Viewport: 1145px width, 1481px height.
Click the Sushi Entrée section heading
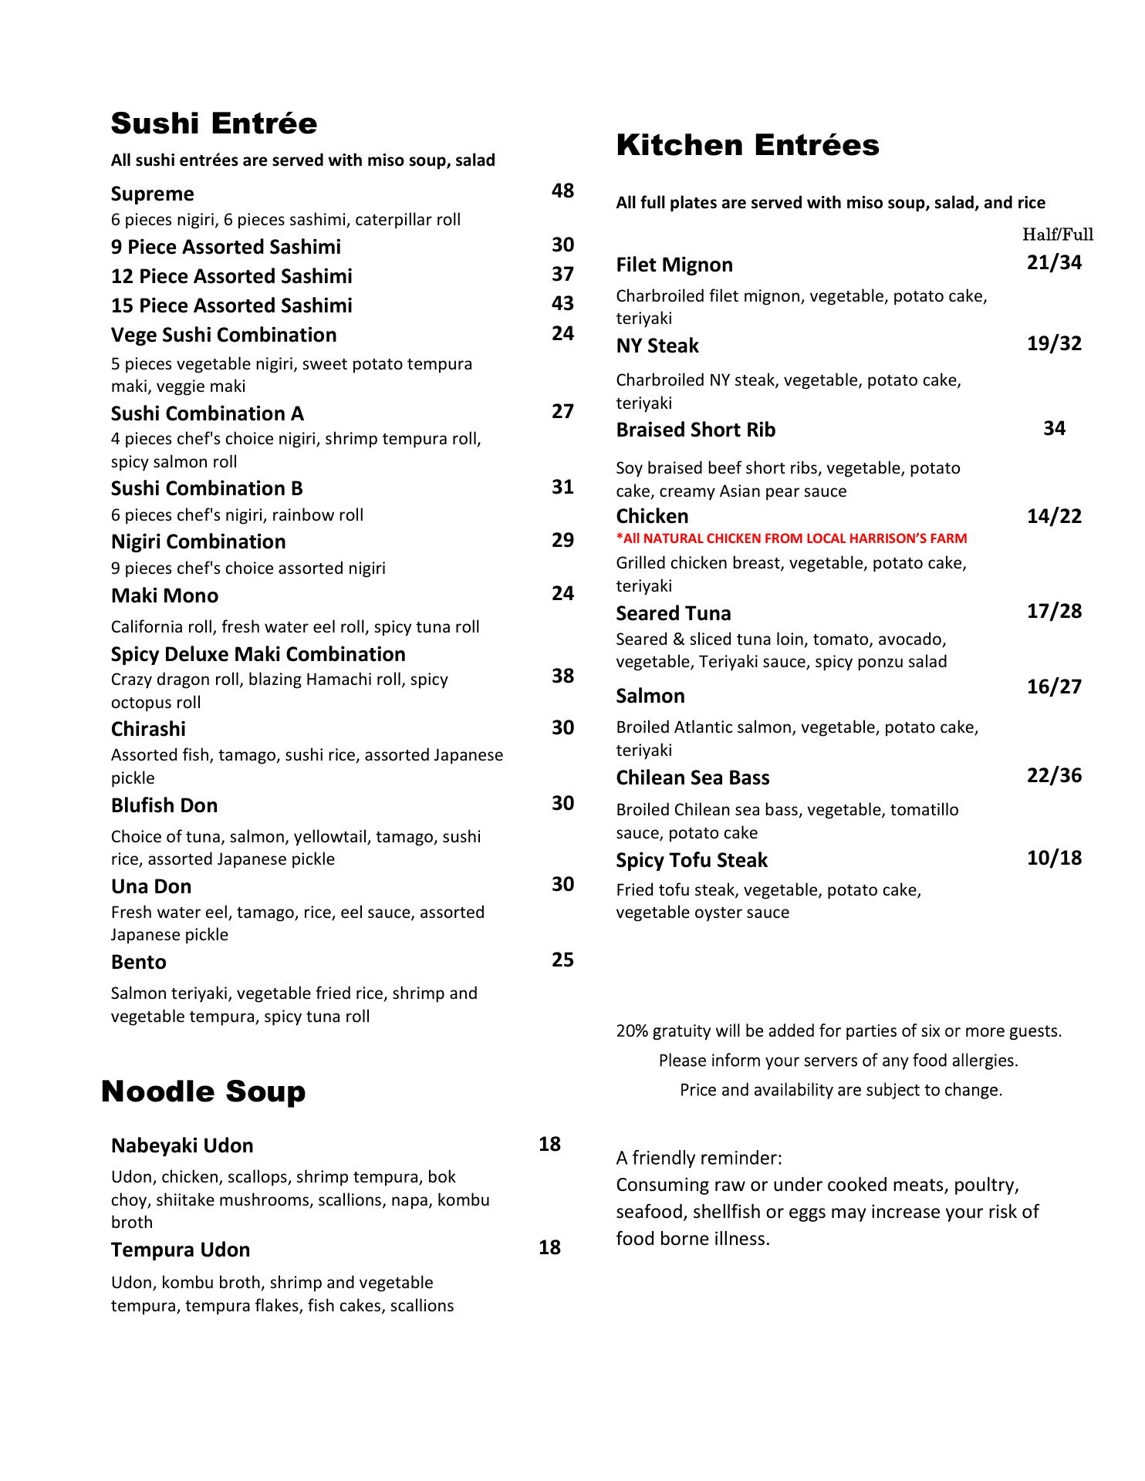[214, 123]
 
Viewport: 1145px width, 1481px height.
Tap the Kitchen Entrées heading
[747, 145]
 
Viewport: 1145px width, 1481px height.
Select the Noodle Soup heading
[203, 1091]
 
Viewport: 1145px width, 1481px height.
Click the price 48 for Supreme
[562, 191]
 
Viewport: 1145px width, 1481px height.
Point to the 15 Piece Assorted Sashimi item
[231, 305]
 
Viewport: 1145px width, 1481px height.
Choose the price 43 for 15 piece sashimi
[562, 303]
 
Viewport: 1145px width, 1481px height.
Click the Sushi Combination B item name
[207, 488]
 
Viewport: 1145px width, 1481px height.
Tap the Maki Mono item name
[164, 595]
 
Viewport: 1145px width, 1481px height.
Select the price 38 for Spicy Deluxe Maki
[562, 676]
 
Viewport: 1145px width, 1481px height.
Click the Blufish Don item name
[164, 805]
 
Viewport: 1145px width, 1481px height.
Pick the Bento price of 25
[562, 960]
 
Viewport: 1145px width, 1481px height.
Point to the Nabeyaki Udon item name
[182, 1145]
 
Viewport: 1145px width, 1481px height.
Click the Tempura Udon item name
[181, 1250]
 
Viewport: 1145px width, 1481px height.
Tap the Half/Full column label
[1057, 234]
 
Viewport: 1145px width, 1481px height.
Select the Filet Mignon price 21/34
[1054, 263]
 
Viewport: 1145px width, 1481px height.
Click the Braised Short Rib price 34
[1054, 428]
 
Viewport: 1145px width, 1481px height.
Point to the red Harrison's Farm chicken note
[791, 538]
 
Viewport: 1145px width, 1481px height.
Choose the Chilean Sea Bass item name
[692, 778]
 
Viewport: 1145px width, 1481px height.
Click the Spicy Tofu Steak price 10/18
[1054, 858]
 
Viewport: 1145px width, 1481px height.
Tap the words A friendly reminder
[698, 1158]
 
